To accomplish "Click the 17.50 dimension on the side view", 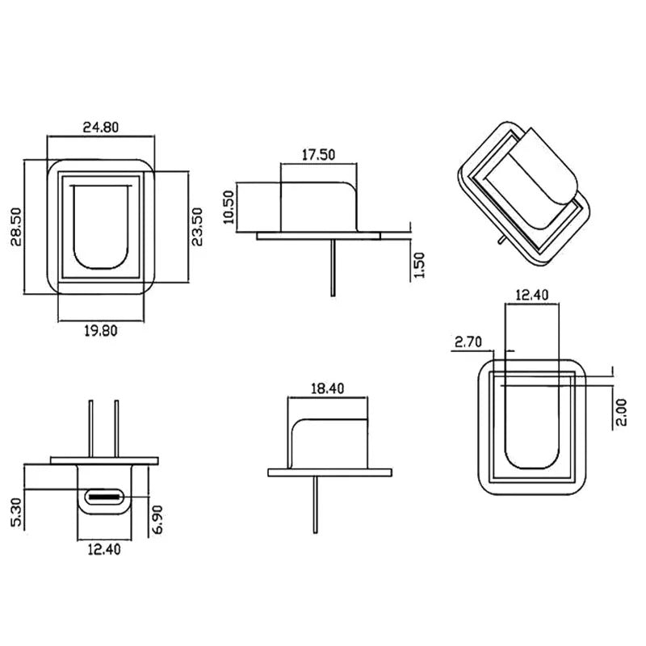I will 318,154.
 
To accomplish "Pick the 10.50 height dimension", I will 229,207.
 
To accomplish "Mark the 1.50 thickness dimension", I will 418,266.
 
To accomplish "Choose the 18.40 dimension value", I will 328,388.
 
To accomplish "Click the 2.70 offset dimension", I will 468,342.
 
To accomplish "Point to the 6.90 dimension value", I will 158,517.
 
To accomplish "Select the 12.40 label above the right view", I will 531,296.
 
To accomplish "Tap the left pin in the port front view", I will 91,427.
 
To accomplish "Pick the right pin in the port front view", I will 117,427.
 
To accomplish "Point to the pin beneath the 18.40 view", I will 315,504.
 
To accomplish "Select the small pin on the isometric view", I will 503,238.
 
